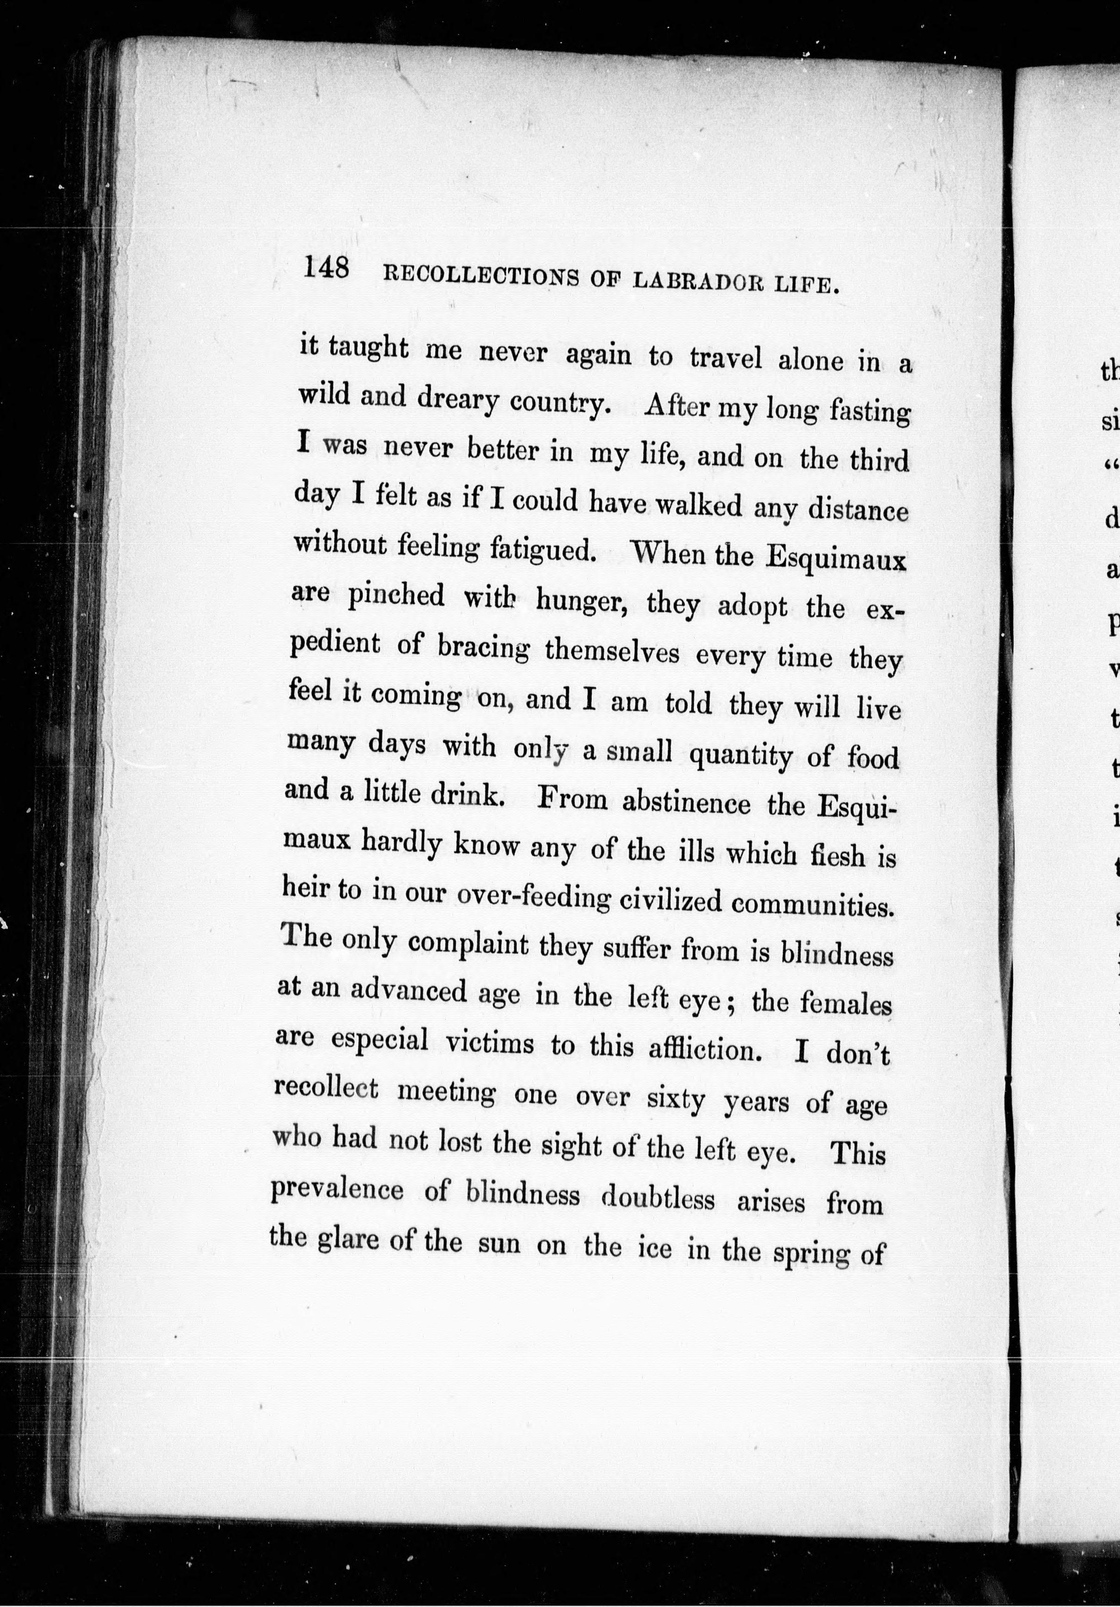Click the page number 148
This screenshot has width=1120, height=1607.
pyautogui.click(x=326, y=268)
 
